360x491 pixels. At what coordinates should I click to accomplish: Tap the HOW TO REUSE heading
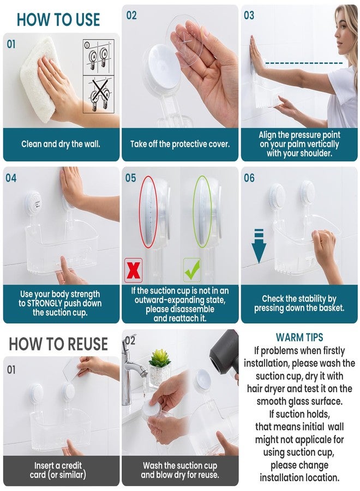(x=58, y=344)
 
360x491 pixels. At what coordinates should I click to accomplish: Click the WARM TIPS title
(x=299, y=337)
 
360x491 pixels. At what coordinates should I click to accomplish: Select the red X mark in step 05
(x=134, y=270)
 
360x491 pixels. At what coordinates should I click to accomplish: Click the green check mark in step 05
(x=192, y=270)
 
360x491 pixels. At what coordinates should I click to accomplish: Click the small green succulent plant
(x=160, y=358)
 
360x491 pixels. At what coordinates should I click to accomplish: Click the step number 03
(x=249, y=15)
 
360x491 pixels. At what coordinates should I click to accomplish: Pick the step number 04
(x=11, y=178)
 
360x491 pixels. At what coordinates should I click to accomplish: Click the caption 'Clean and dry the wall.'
(x=61, y=145)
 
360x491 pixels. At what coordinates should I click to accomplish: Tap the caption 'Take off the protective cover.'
(x=180, y=145)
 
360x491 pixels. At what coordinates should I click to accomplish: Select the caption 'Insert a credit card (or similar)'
(x=61, y=470)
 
